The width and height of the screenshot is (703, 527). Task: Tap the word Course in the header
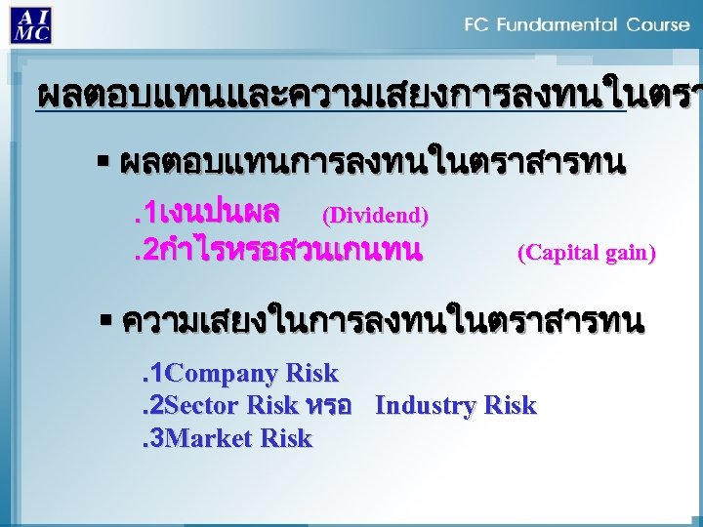click(657, 24)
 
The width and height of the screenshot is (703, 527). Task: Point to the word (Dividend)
click(375, 214)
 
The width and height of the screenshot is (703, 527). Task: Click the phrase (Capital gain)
click(586, 254)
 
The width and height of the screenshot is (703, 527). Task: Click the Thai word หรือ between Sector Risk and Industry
click(328, 406)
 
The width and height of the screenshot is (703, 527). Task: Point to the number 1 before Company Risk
click(157, 373)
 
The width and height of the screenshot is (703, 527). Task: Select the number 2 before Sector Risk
click(157, 406)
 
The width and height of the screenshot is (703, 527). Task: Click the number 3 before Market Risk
click(157, 439)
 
